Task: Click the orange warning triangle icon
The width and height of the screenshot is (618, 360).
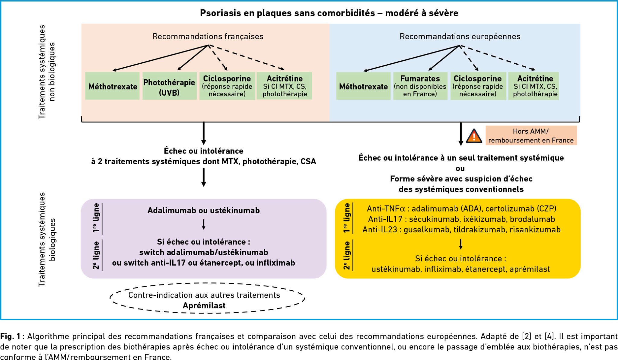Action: click(x=474, y=136)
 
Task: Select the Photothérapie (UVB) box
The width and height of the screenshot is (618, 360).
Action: click(x=169, y=86)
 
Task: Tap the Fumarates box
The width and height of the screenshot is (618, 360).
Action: click(x=420, y=86)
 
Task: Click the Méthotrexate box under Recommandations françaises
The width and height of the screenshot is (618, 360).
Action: click(x=113, y=86)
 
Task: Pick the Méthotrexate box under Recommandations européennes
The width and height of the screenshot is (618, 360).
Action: click(x=363, y=86)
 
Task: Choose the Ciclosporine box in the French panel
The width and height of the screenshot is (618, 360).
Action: click(x=227, y=86)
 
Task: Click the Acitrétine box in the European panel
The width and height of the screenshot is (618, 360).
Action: click(x=535, y=86)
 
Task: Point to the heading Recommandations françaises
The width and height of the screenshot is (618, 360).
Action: click(x=208, y=37)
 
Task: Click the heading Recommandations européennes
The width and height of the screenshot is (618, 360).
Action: click(x=460, y=37)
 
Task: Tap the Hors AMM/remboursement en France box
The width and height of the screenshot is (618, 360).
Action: click(x=531, y=135)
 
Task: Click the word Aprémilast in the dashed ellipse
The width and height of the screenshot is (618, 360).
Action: click(x=204, y=306)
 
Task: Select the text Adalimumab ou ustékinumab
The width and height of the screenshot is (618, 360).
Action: click(x=203, y=210)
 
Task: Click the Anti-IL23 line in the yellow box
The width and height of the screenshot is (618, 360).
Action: click(x=461, y=230)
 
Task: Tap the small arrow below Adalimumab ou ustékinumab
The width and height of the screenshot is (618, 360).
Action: click(x=204, y=224)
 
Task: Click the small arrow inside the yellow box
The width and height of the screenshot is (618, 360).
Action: click(x=460, y=244)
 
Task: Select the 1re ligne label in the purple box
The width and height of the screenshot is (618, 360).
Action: click(x=96, y=218)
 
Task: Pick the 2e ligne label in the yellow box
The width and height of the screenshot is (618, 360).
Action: click(x=347, y=255)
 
